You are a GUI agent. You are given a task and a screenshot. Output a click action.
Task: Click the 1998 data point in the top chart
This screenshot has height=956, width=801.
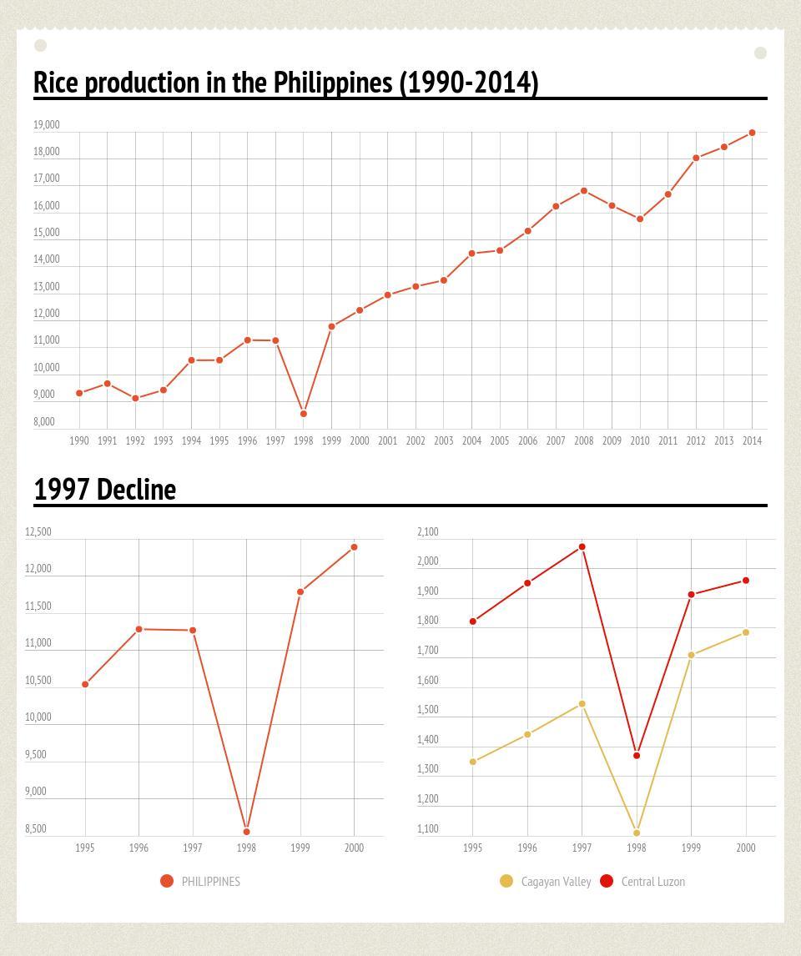click(x=304, y=414)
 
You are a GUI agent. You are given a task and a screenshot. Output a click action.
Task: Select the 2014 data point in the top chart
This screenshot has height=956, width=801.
click(x=753, y=133)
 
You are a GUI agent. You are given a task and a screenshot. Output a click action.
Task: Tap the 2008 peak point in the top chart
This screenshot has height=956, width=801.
click(x=584, y=191)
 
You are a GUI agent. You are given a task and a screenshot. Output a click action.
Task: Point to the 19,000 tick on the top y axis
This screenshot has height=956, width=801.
click(x=47, y=125)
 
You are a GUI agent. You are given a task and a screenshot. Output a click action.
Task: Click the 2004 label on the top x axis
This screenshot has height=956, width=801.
click(x=471, y=440)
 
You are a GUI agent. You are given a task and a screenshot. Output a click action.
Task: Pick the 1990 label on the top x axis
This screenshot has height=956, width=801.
click(x=79, y=440)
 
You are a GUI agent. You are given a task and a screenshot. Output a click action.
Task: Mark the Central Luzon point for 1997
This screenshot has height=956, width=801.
click(x=582, y=547)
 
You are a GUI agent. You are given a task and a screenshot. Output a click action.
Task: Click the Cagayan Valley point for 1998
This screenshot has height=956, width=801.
click(x=637, y=833)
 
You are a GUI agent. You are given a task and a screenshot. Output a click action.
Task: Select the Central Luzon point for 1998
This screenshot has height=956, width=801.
click(x=637, y=756)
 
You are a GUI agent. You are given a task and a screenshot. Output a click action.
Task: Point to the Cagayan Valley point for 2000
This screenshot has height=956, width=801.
click(x=746, y=632)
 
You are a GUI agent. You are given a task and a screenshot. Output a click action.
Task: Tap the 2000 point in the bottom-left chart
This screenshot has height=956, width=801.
click(x=355, y=547)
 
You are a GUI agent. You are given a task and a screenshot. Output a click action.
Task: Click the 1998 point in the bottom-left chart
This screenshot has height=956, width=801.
click(x=246, y=832)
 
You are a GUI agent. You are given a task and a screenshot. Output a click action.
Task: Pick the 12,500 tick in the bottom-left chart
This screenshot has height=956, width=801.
click(x=38, y=532)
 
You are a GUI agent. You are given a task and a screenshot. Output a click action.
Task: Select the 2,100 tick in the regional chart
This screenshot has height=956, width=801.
click(x=428, y=532)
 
